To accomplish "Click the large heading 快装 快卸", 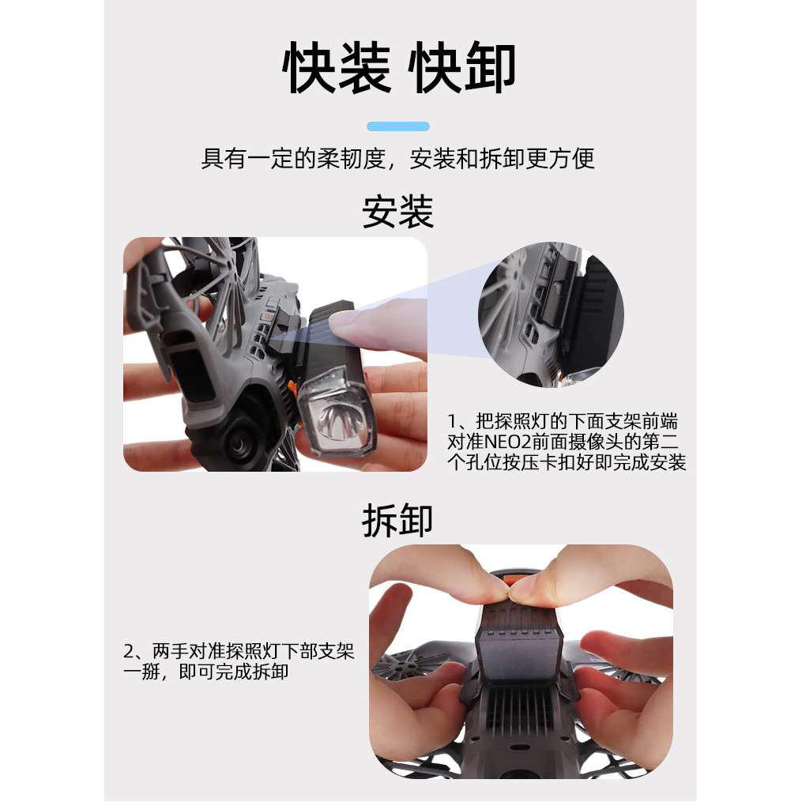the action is [x=398, y=67].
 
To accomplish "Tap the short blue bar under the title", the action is [x=398, y=126].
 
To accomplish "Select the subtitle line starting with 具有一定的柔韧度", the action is [x=398, y=158].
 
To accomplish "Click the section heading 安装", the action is [x=398, y=212].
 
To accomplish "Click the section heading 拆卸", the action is [x=398, y=520].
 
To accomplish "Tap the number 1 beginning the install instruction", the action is [x=452, y=421].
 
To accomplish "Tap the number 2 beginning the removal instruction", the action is [x=128, y=652].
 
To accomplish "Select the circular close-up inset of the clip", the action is [x=551, y=314].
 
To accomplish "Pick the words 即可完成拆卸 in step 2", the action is [x=234, y=672].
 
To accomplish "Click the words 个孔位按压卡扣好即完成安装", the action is [x=567, y=462].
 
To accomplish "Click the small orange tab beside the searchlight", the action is [x=292, y=388].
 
